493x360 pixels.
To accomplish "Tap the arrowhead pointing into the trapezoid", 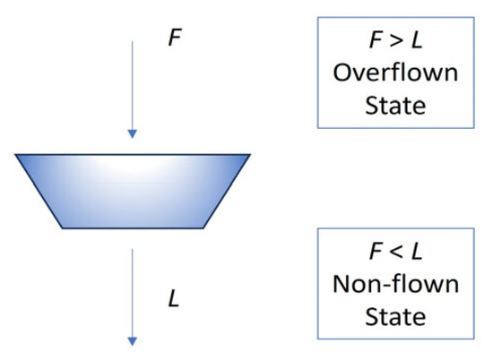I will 133,134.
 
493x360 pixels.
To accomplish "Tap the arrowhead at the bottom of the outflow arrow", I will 133,340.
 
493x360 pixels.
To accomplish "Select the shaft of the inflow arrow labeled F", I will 133,85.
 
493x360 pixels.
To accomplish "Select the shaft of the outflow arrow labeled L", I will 133,291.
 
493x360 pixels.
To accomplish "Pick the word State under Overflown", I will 395,106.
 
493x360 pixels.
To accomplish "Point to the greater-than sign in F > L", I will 395,40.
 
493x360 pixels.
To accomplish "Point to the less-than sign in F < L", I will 395,253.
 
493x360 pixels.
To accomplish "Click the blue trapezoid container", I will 133,190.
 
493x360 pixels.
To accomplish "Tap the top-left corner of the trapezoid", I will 17,155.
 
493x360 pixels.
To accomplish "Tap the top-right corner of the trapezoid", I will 249,155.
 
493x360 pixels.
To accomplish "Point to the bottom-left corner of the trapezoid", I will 63,227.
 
